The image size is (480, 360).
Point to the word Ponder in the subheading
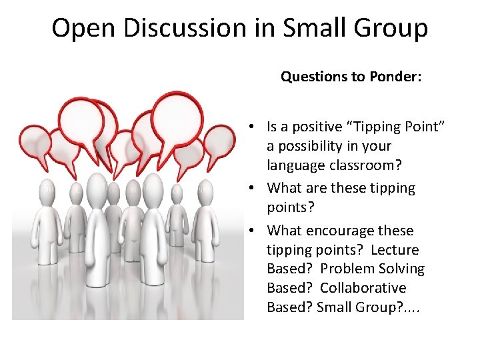(x=397, y=77)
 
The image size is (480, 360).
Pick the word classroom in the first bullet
(x=363, y=165)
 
